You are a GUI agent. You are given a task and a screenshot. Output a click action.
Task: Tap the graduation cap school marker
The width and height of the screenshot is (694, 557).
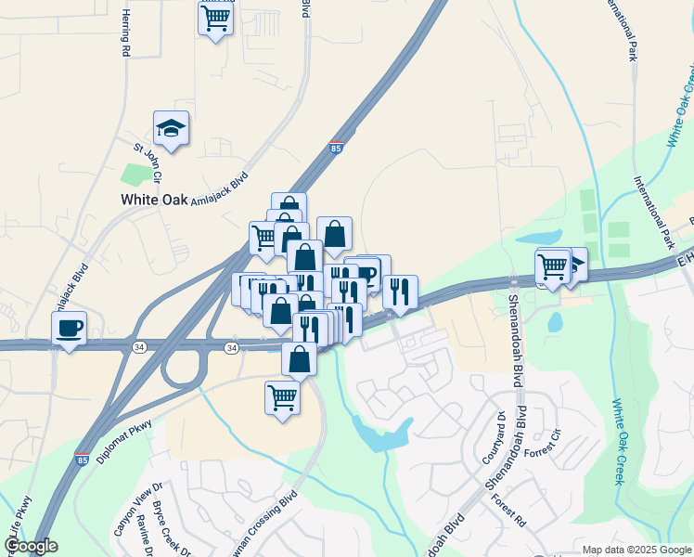click(x=171, y=128)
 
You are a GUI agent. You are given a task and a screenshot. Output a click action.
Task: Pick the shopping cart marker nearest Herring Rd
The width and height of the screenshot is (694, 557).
click(x=215, y=19)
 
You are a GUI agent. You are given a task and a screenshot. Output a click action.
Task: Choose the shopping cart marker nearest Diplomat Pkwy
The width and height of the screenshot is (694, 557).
click(x=282, y=398)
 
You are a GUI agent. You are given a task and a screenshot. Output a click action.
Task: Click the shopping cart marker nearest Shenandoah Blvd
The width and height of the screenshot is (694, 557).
click(x=553, y=266)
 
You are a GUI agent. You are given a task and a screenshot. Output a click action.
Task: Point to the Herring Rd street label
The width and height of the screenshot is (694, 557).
click(x=125, y=35)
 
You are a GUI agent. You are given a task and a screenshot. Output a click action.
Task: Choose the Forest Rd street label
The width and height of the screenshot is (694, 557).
click(x=511, y=511)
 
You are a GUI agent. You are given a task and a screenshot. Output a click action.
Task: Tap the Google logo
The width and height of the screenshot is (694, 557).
click(x=31, y=546)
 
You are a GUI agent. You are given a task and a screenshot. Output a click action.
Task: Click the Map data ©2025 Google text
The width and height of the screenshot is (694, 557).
click(x=636, y=549)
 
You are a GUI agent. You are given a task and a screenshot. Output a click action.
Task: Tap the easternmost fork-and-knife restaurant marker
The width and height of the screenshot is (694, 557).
click(x=400, y=291)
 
